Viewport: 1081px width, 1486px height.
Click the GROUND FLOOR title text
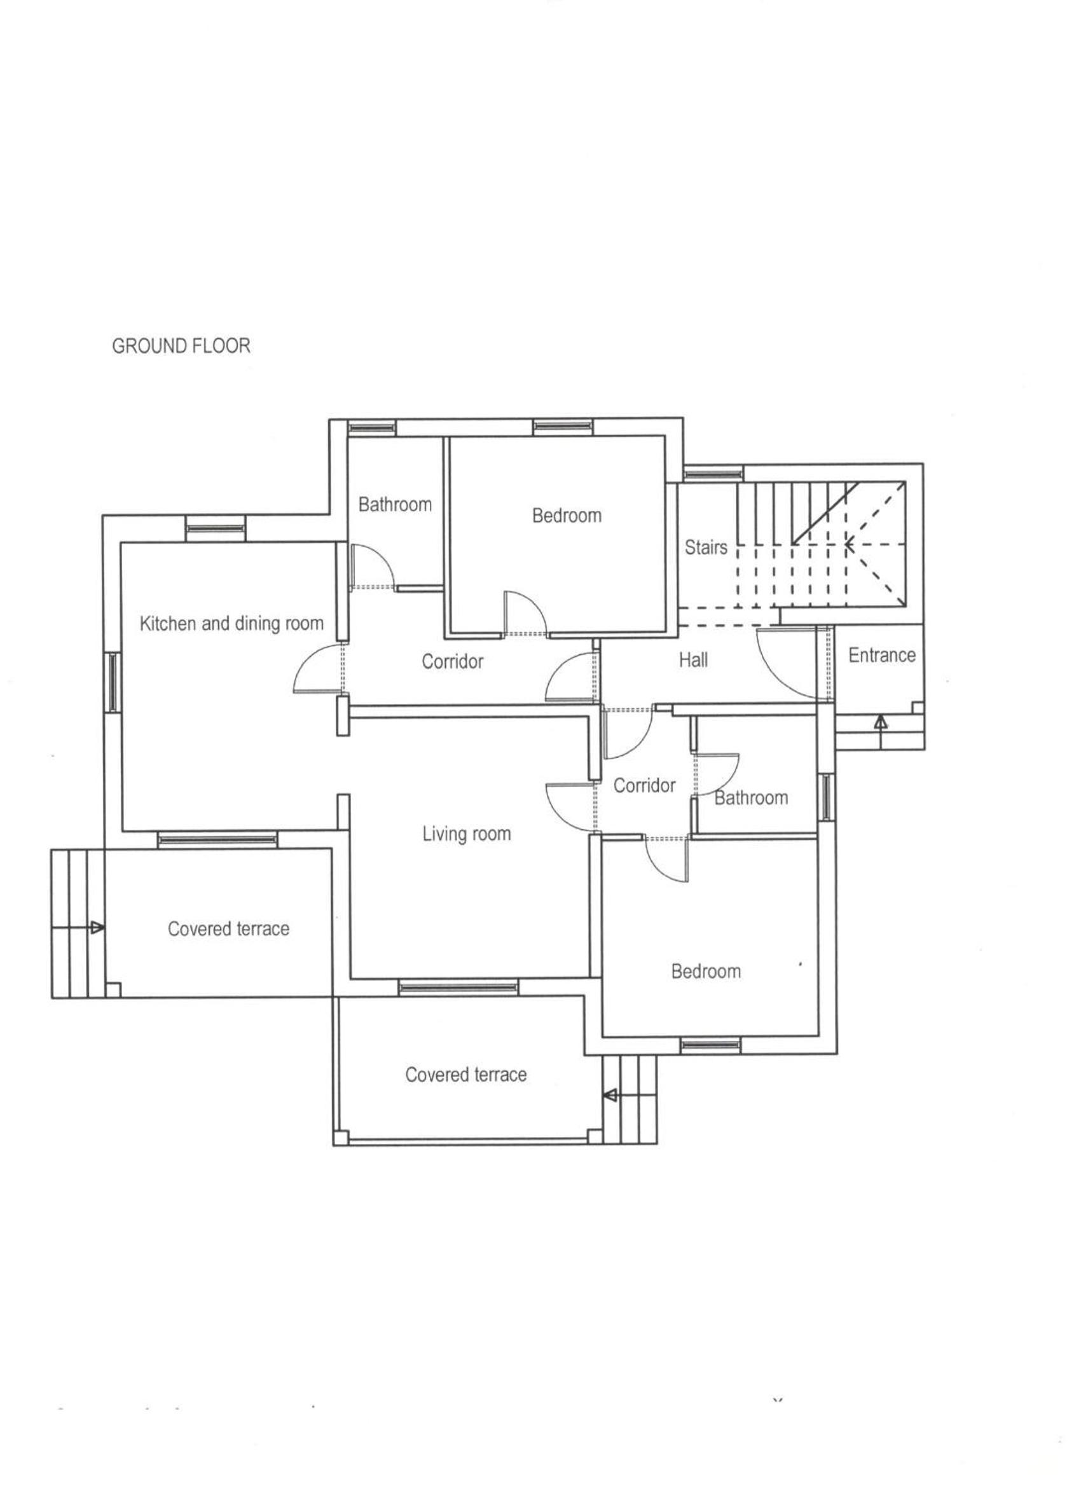(x=181, y=346)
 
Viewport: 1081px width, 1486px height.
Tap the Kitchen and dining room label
(x=232, y=623)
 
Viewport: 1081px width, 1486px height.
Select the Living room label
(x=467, y=834)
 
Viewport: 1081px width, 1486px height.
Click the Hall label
(x=693, y=660)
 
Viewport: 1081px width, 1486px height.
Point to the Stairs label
(x=706, y=547)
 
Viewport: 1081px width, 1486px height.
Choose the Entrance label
(x=882, y=655)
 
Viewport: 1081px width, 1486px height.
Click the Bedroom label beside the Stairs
(x=567, y=516)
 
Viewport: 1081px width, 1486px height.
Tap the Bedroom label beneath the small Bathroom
(x=706, y=972)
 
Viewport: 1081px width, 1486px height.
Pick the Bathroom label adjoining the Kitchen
(x=395, y=504)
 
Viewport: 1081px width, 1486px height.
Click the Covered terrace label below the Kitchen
(x=229, y=929)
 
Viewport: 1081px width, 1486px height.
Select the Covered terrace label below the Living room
(x=466, y=1075)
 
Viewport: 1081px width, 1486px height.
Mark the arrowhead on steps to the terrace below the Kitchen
(x=97, y=927)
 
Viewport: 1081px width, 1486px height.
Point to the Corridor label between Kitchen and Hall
(x=452, y=662)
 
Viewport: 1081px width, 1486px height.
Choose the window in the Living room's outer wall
(x=458, y=987)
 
